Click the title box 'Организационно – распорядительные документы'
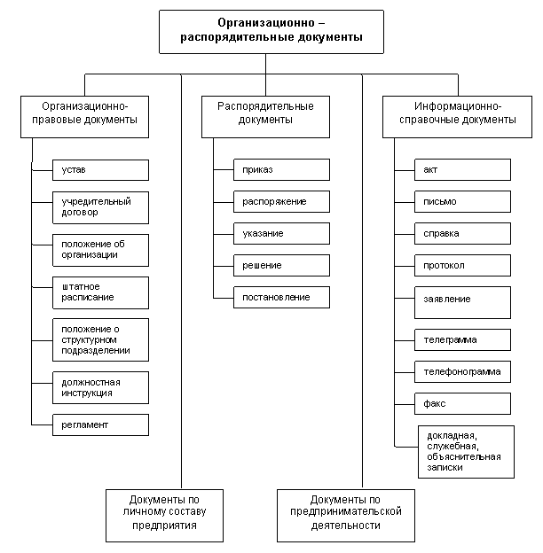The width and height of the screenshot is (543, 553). click(271, 32)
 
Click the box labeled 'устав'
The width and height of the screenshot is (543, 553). click(99, 169)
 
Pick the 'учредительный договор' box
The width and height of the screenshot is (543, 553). click(99, 207)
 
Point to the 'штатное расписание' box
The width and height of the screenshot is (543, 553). click(99, 292)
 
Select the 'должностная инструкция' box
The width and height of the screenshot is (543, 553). click(99, 387)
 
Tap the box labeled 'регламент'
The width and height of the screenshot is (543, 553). click(99, 424)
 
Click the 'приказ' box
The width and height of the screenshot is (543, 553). click(281, 169)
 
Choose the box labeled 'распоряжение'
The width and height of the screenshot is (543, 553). click(281, 201)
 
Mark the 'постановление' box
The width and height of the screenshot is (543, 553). click(281, 297)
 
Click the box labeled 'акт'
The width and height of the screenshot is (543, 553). click(462, 169)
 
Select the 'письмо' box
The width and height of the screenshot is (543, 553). click(462, 201)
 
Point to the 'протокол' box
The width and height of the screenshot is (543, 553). click(462, 265)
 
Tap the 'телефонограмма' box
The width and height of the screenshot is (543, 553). click(462, 371)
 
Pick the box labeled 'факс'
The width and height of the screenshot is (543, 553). click(462, 403)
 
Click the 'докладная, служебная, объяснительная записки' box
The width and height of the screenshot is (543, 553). click(466, 451)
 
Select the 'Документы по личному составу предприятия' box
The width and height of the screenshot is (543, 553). click(164, 513)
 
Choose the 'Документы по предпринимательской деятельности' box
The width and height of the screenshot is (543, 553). click(345, 513)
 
